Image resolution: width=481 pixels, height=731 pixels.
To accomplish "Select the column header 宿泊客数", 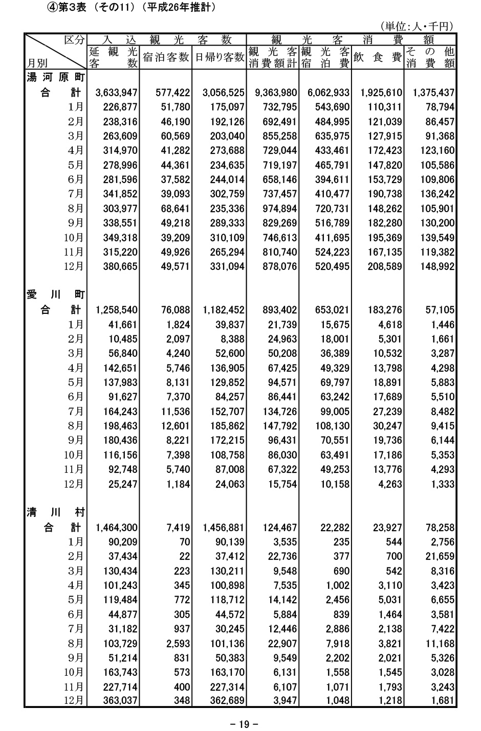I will (x=166, y=58).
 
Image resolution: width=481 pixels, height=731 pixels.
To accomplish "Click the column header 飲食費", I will (x=377, y=58).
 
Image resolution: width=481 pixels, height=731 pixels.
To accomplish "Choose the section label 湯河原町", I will (x=55, y=78).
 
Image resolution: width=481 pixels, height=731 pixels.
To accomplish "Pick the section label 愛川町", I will (x=55, y=295).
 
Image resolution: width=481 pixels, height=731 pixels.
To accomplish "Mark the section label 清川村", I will (x=55, y=513).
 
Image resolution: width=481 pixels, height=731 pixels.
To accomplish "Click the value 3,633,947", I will (x=116, y=93).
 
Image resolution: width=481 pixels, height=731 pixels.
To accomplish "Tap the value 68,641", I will (x=172, y=209).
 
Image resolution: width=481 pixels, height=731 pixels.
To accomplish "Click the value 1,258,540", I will (x=116, y=310).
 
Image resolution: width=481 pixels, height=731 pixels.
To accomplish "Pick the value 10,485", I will (x=123, y=339).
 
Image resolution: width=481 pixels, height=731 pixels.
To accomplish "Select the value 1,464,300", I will (x=116, y=528).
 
